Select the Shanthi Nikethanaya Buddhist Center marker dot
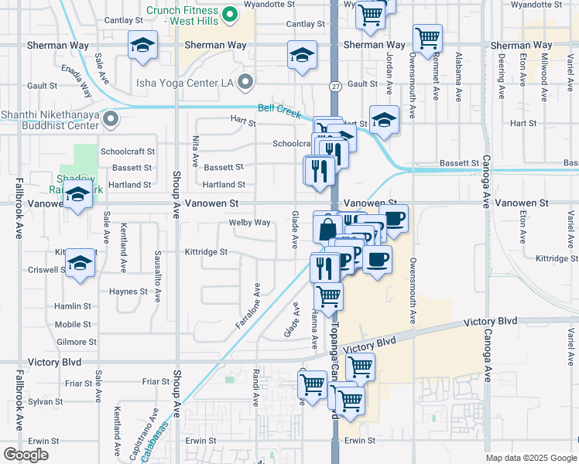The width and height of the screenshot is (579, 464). point(111,120)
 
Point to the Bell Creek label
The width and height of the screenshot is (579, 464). point(279,111)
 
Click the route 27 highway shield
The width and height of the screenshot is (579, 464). point(334,85)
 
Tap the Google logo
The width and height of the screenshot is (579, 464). point(26,454)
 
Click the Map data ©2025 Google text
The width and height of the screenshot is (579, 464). point(530,458)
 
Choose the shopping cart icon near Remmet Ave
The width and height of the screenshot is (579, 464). point(427,36)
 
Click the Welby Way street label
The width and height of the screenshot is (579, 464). point(249,223)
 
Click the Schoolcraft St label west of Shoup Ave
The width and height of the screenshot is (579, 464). point(128,152)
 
